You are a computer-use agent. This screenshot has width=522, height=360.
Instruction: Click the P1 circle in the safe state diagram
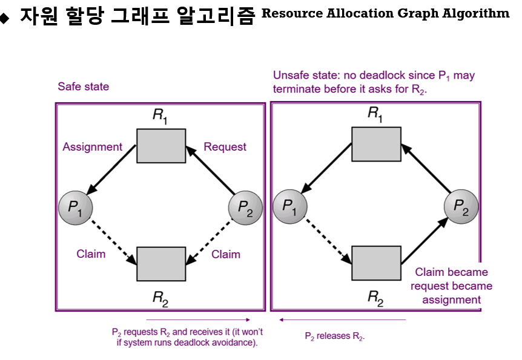[x=74, y=207]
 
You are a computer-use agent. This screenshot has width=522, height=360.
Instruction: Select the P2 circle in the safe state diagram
[x=245, y=207]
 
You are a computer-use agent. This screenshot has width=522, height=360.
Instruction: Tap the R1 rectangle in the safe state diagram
[x=161, y=146]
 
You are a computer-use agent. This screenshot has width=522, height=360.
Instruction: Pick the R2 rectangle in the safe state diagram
[x=161, y=264]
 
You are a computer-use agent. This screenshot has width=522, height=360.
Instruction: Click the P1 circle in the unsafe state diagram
[x=289, y=207]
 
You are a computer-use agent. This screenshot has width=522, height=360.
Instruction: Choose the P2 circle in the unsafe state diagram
[x=461, y=207]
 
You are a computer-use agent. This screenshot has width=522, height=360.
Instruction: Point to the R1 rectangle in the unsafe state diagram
[x=376, y=144]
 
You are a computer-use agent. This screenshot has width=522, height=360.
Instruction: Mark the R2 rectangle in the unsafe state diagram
[x=376, y=263]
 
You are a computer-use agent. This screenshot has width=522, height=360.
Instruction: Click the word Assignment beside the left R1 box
[x=92, y=147]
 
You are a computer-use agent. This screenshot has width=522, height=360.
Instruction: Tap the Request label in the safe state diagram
[x=225, y=147]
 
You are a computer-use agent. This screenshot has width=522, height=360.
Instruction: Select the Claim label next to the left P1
[x=91, y=254]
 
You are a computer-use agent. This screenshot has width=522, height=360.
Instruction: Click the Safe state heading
[x=84, y=87]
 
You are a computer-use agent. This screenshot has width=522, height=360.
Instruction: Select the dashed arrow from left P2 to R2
[x=210, y=241]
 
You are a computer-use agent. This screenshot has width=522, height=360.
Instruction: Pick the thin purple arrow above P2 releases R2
[x=342, y=319]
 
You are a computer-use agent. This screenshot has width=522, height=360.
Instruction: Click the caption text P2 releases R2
[x=335, y=336]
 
